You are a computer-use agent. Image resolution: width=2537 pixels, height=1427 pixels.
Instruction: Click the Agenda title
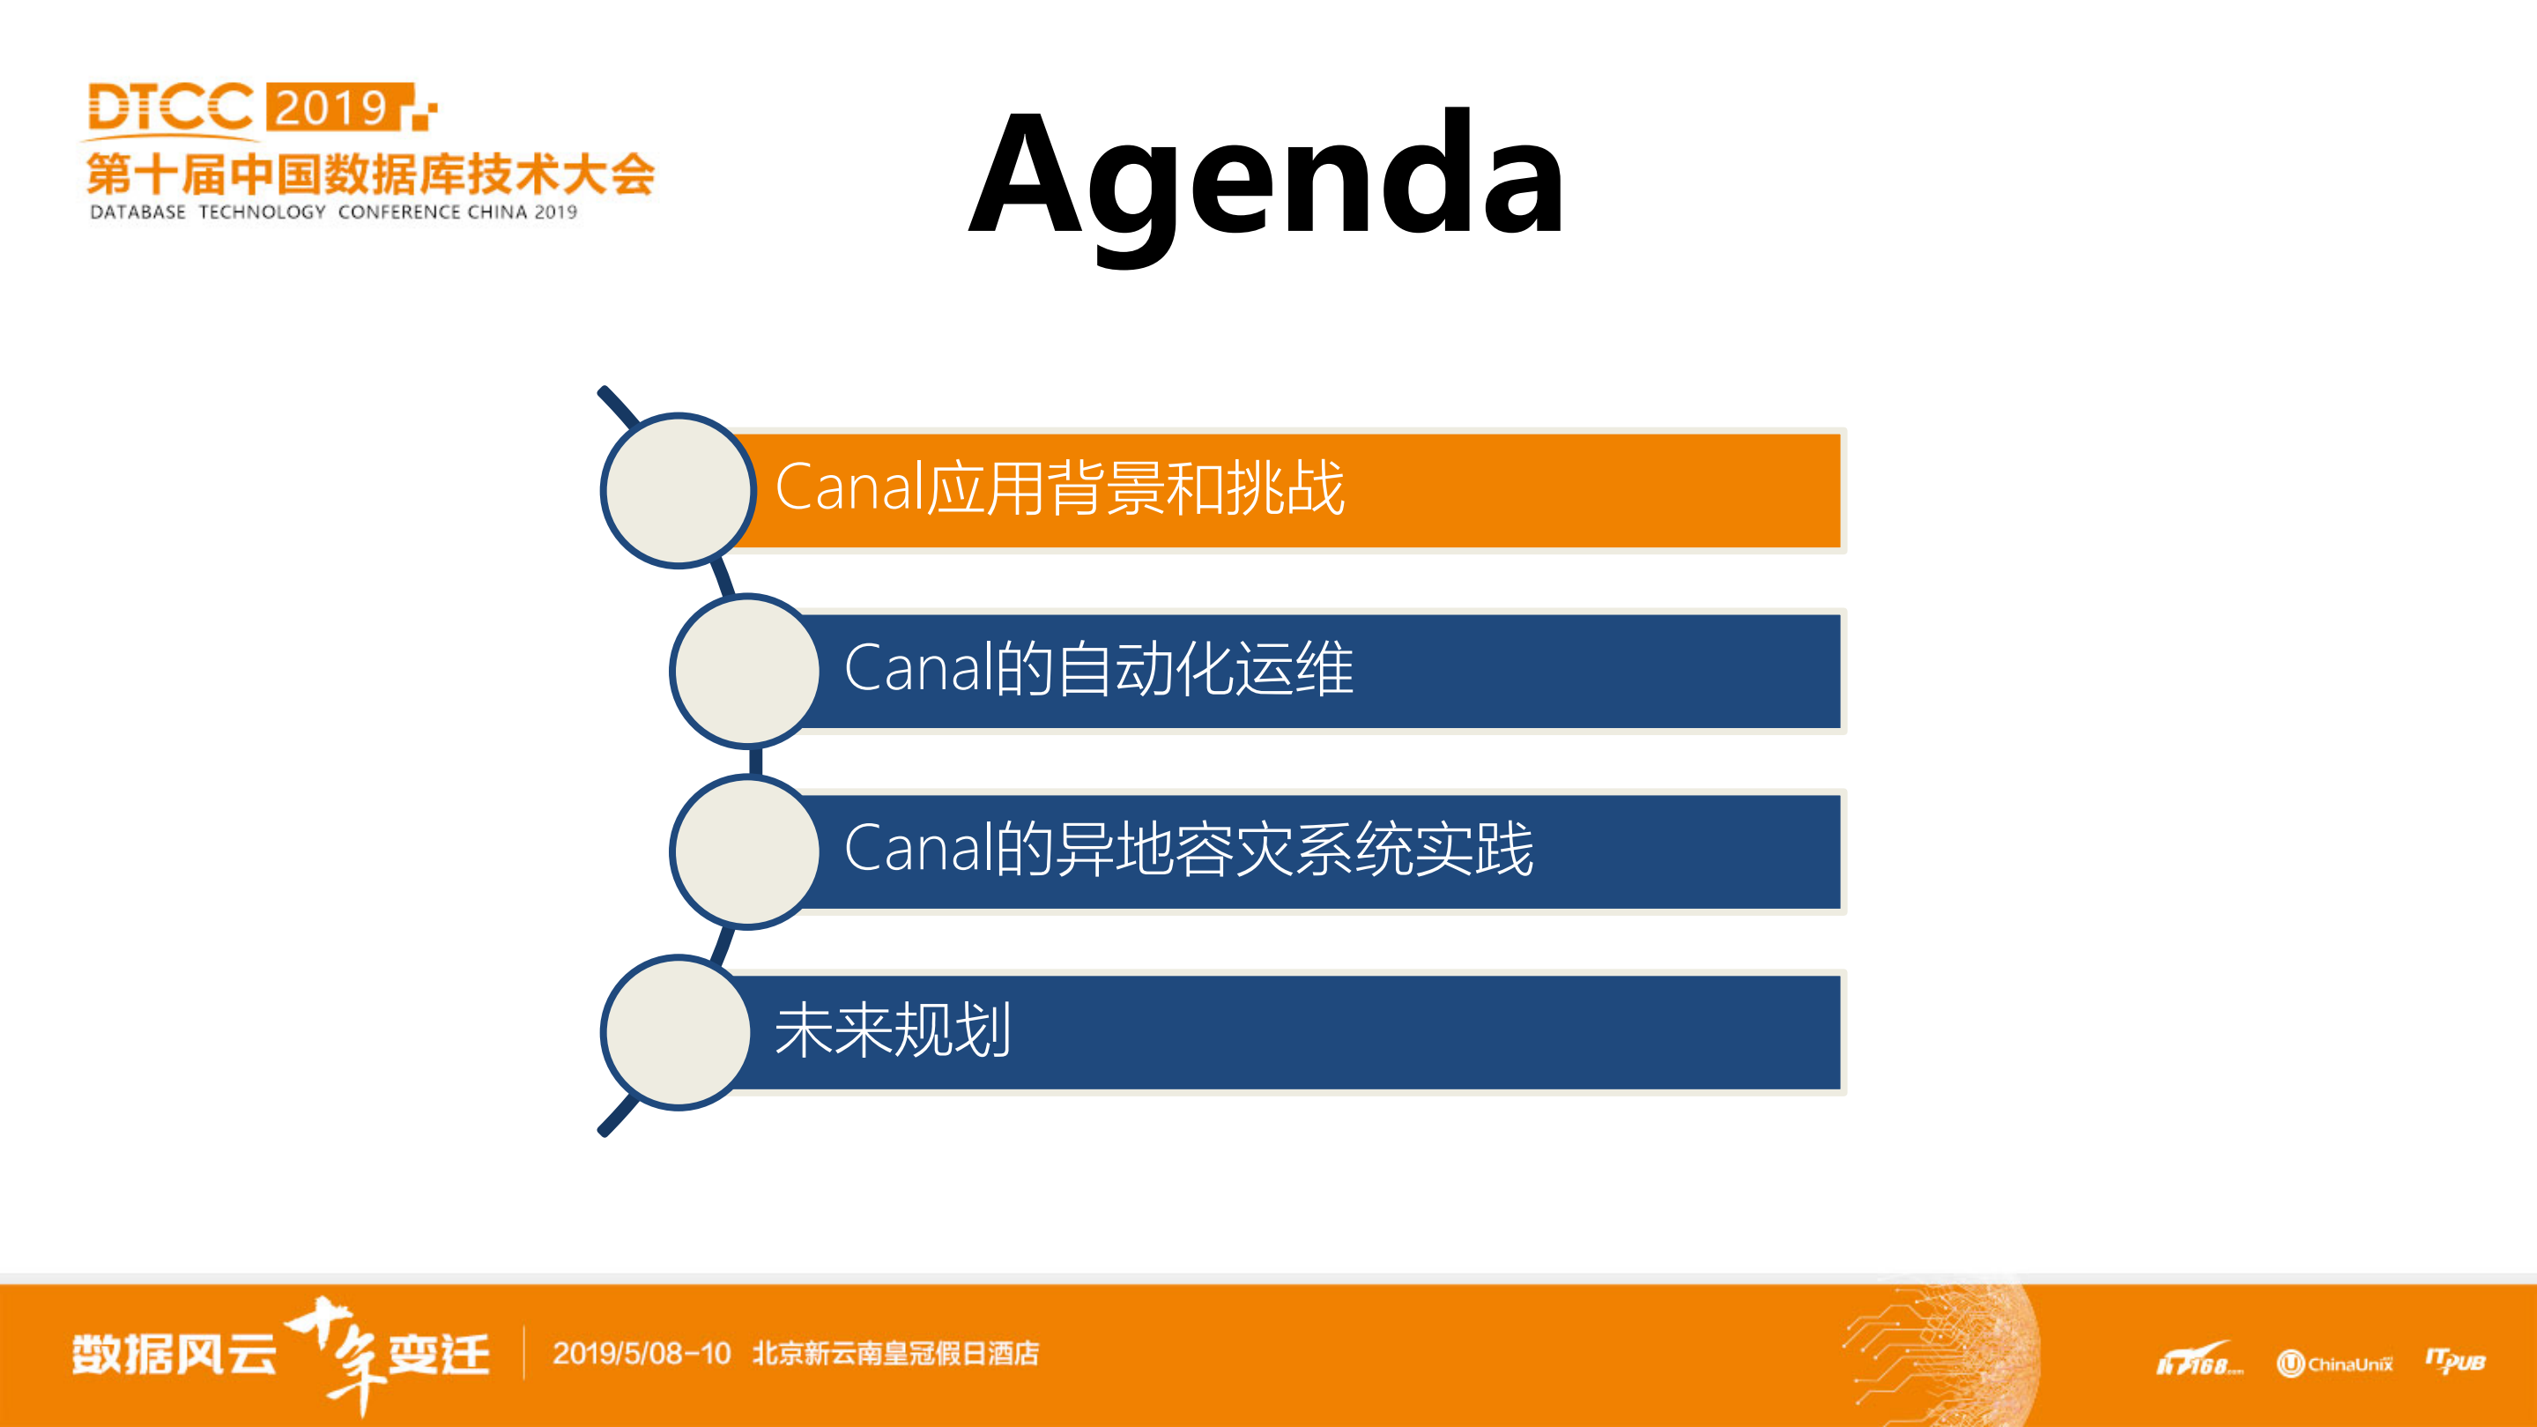(x=1266, y=177)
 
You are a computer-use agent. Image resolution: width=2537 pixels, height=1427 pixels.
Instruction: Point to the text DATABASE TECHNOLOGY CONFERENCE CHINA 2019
(x=333, y=212)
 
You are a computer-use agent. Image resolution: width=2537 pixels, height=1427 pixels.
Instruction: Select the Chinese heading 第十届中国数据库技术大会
(x=370, y=175)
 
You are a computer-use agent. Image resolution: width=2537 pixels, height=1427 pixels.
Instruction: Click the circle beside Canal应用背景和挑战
(x=678, y=489)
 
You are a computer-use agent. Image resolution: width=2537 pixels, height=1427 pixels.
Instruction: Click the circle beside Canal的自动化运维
(x=746, y=671)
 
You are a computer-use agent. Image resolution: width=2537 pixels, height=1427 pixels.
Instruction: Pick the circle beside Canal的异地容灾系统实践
(x=746, y=851)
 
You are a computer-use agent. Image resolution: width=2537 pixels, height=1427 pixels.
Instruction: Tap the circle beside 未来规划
(x=678, y=1032)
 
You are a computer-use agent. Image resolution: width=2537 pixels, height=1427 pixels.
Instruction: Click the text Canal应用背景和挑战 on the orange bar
(x=1060, y=487)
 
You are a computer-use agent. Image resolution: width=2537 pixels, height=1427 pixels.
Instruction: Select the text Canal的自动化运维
(x=1098, y=669)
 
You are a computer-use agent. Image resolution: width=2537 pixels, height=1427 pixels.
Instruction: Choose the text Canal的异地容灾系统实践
(x=1188, y=849)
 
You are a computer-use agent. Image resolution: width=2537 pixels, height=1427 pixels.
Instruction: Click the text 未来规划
(x=893, y=1030)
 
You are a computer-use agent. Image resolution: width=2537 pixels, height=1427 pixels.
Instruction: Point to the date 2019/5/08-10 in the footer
(x=642, y=1353)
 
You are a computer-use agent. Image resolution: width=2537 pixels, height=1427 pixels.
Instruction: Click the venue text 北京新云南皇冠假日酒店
(x=895, y=1353)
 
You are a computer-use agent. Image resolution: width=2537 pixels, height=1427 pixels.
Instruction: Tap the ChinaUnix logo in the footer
(x=2334, y=1363)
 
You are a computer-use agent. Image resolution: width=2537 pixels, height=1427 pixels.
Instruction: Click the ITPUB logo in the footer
(x=2455, y=1361)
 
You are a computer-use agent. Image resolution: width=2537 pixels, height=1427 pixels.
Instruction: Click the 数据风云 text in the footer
(x=174, y=1355)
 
